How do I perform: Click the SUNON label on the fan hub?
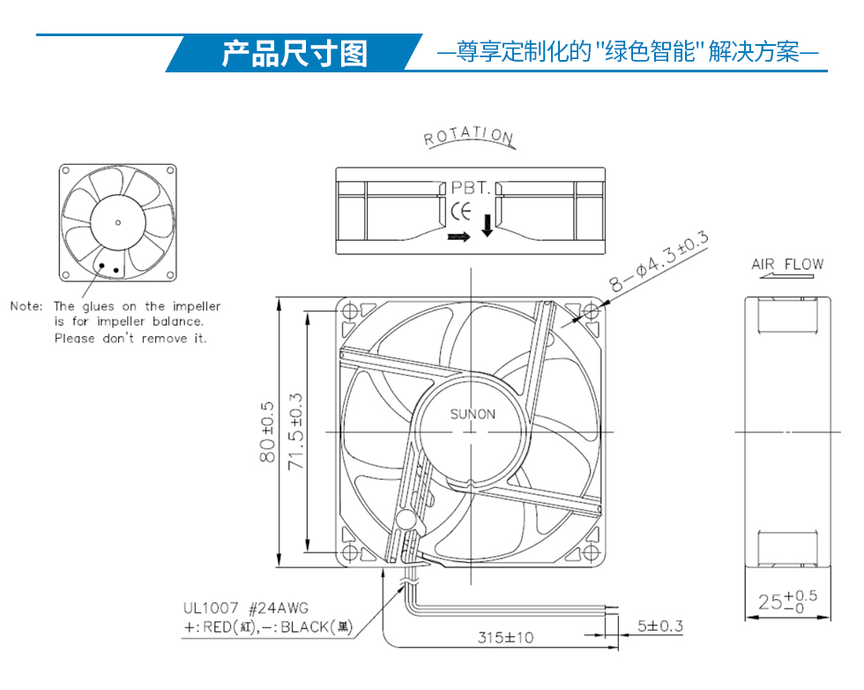(x=473, y=414)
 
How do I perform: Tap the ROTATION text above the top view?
(x=469, y=136)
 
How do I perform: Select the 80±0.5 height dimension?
(x=266, y=431)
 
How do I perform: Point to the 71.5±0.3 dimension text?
(x=296, y=431)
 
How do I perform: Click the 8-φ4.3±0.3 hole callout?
(x=659, y=261)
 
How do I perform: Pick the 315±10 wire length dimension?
(x=505, y=638)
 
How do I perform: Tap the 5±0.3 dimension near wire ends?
(x=660, y=626)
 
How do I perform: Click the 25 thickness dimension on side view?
(x=787, y=601)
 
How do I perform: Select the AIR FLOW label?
(x=787, y=264)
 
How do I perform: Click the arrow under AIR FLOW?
(x=786, y=275)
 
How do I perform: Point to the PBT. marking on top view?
(x=471, y=188)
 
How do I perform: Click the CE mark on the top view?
(x=461, y=211)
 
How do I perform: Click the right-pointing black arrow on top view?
(x=459, y=236)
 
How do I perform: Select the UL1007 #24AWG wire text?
(x=246, y=608)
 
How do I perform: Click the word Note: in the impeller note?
(x=26, y=306)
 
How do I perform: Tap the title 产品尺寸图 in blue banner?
(x=294, y=54)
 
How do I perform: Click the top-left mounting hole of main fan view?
(x=351, y=311)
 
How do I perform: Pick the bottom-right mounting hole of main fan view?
(x=591, y=552)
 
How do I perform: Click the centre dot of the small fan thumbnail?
(x=117, y=223)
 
